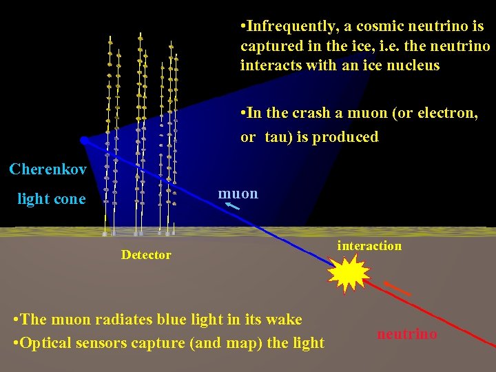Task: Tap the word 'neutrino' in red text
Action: (406, 334)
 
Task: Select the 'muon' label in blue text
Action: (238, 194)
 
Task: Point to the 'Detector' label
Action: (146, 255)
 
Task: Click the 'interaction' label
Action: (369, 246)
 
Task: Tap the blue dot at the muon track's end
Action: (84, 141)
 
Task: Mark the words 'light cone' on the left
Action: (52, 199)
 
